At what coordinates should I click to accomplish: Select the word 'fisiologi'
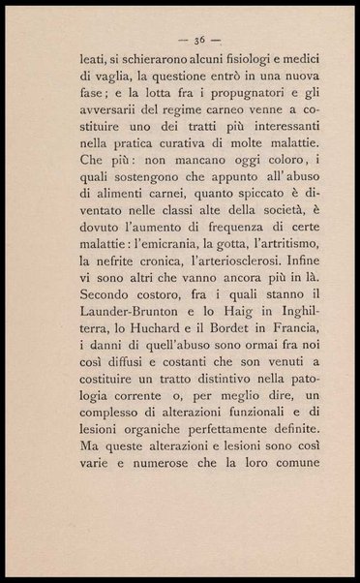[x=252, y=62]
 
